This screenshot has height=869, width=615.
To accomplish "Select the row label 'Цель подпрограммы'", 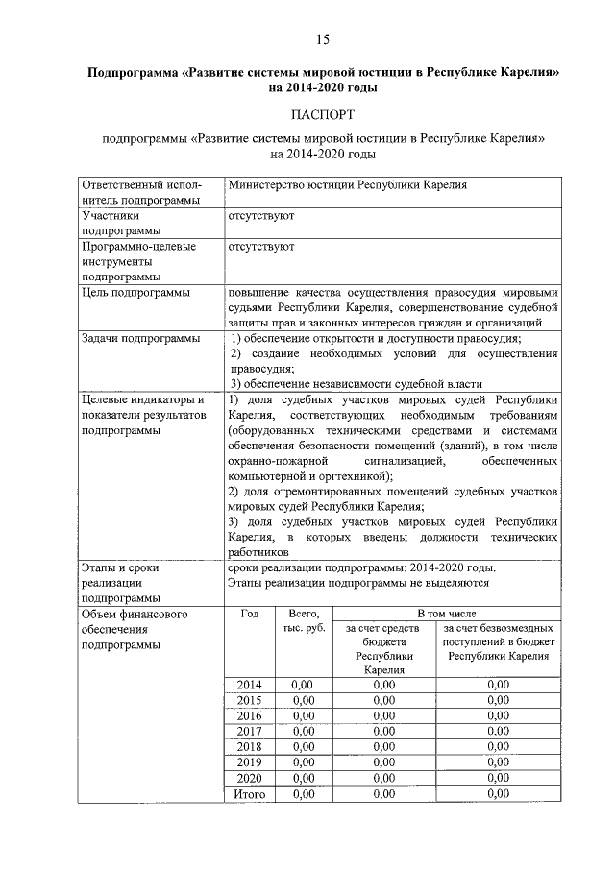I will [x=135, y=292].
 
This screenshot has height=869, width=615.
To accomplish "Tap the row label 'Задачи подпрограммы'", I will [x=140, y=338].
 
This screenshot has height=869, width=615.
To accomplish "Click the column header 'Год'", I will [x=250, y=612].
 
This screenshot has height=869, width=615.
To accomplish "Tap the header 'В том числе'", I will [x=446, y=612].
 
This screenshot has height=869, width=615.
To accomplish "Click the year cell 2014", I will [x=250, y=685].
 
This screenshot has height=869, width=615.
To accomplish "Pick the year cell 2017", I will [x=250, y=731].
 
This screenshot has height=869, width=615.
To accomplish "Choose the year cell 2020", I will [x=250, y=777].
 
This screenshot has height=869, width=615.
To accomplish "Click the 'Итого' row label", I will [x=250, y=794].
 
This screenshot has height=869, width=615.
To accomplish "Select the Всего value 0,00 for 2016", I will [x=304, y=715].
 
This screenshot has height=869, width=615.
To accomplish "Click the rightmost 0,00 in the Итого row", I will [x=498, y=794].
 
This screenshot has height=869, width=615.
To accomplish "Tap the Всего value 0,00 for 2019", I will [x=304, y=761].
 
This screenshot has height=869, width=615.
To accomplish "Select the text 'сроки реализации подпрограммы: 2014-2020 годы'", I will [x=361, y=567].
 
